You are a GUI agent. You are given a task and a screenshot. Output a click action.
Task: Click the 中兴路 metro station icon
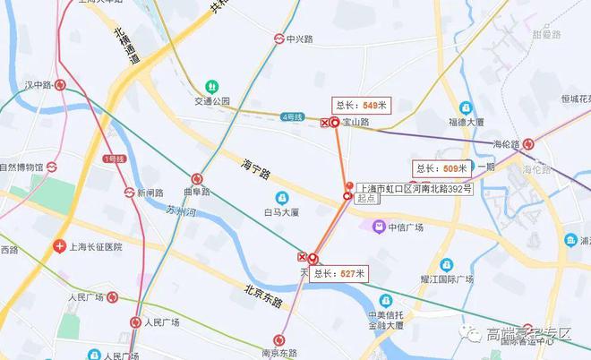(279, 39)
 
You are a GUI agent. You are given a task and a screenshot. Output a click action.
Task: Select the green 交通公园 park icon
(212, 86)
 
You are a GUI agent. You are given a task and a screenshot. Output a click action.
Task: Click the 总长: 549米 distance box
(362, 104)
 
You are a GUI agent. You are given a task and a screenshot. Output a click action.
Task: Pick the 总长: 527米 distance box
(337, 274)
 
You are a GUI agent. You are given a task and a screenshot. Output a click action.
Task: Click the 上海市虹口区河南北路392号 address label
(414, 189)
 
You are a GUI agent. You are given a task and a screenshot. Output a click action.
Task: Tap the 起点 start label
(365, 200)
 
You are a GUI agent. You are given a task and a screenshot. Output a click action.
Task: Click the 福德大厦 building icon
(466, 107)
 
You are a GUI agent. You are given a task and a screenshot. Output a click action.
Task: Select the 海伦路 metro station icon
(529, 143)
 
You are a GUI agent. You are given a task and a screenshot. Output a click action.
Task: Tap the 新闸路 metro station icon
(129, 193)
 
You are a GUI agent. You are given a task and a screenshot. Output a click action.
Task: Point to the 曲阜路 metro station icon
(197, 178)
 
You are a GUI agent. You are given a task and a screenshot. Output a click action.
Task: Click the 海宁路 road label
(257, 169)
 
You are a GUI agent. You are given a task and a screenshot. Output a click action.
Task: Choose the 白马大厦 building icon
(282, 198)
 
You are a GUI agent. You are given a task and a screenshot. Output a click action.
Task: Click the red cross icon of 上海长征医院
(59, 245)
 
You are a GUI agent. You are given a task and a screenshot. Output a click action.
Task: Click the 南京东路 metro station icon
(280, 340)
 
